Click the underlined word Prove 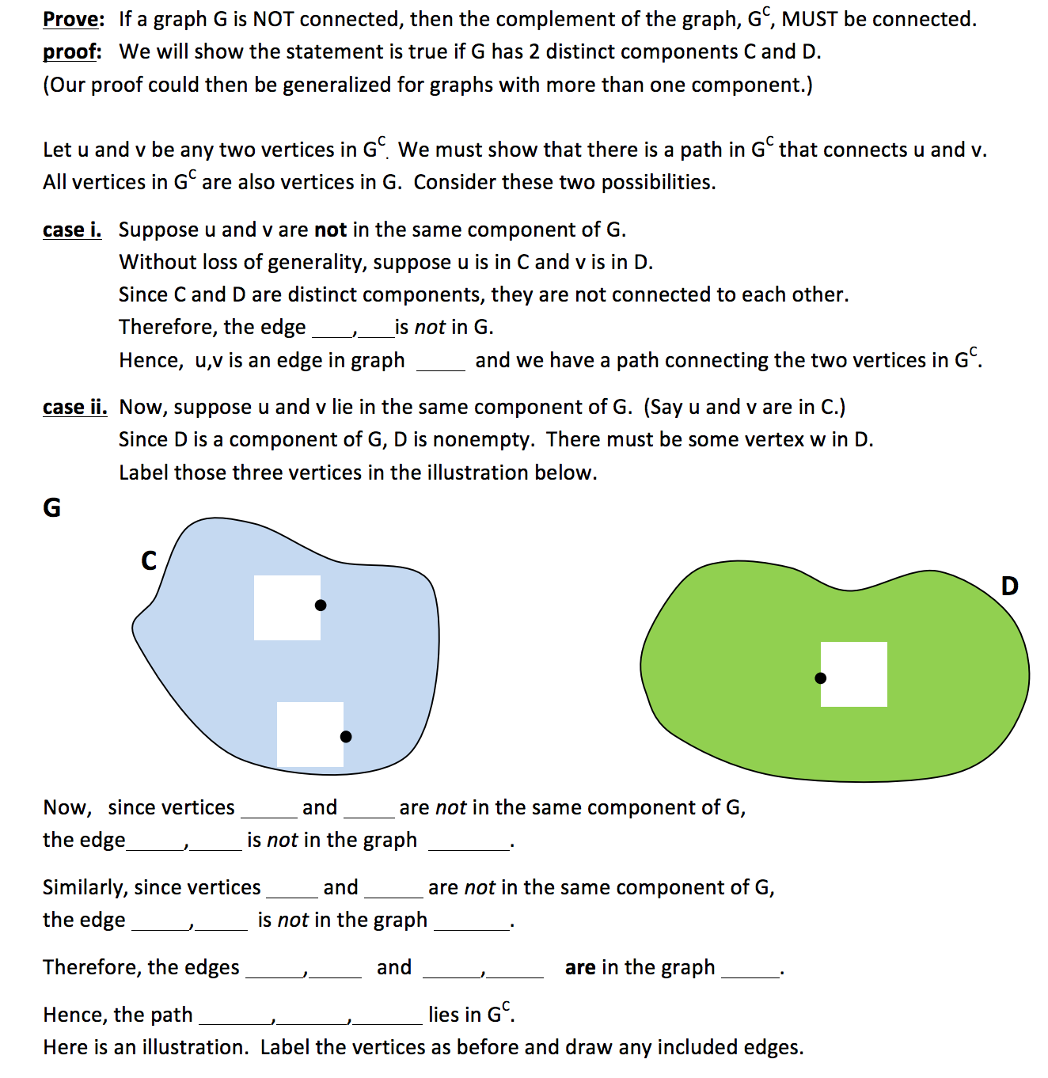point(73,19)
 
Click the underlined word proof point(71,52)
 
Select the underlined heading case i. point(72,230)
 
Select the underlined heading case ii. point(74,407)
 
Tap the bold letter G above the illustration point(51,507)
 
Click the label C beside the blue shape point(149,560)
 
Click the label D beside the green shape point(1009,586)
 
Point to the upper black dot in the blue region point(321,605)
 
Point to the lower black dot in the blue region point(346,737)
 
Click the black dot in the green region point(821,678)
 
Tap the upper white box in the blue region point(287,608)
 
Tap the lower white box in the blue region point(309,734)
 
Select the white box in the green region point(854,674)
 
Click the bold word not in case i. point(330,230)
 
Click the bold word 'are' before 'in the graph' point(580,967)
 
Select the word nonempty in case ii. point(477,439)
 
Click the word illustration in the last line point(195,1047)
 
